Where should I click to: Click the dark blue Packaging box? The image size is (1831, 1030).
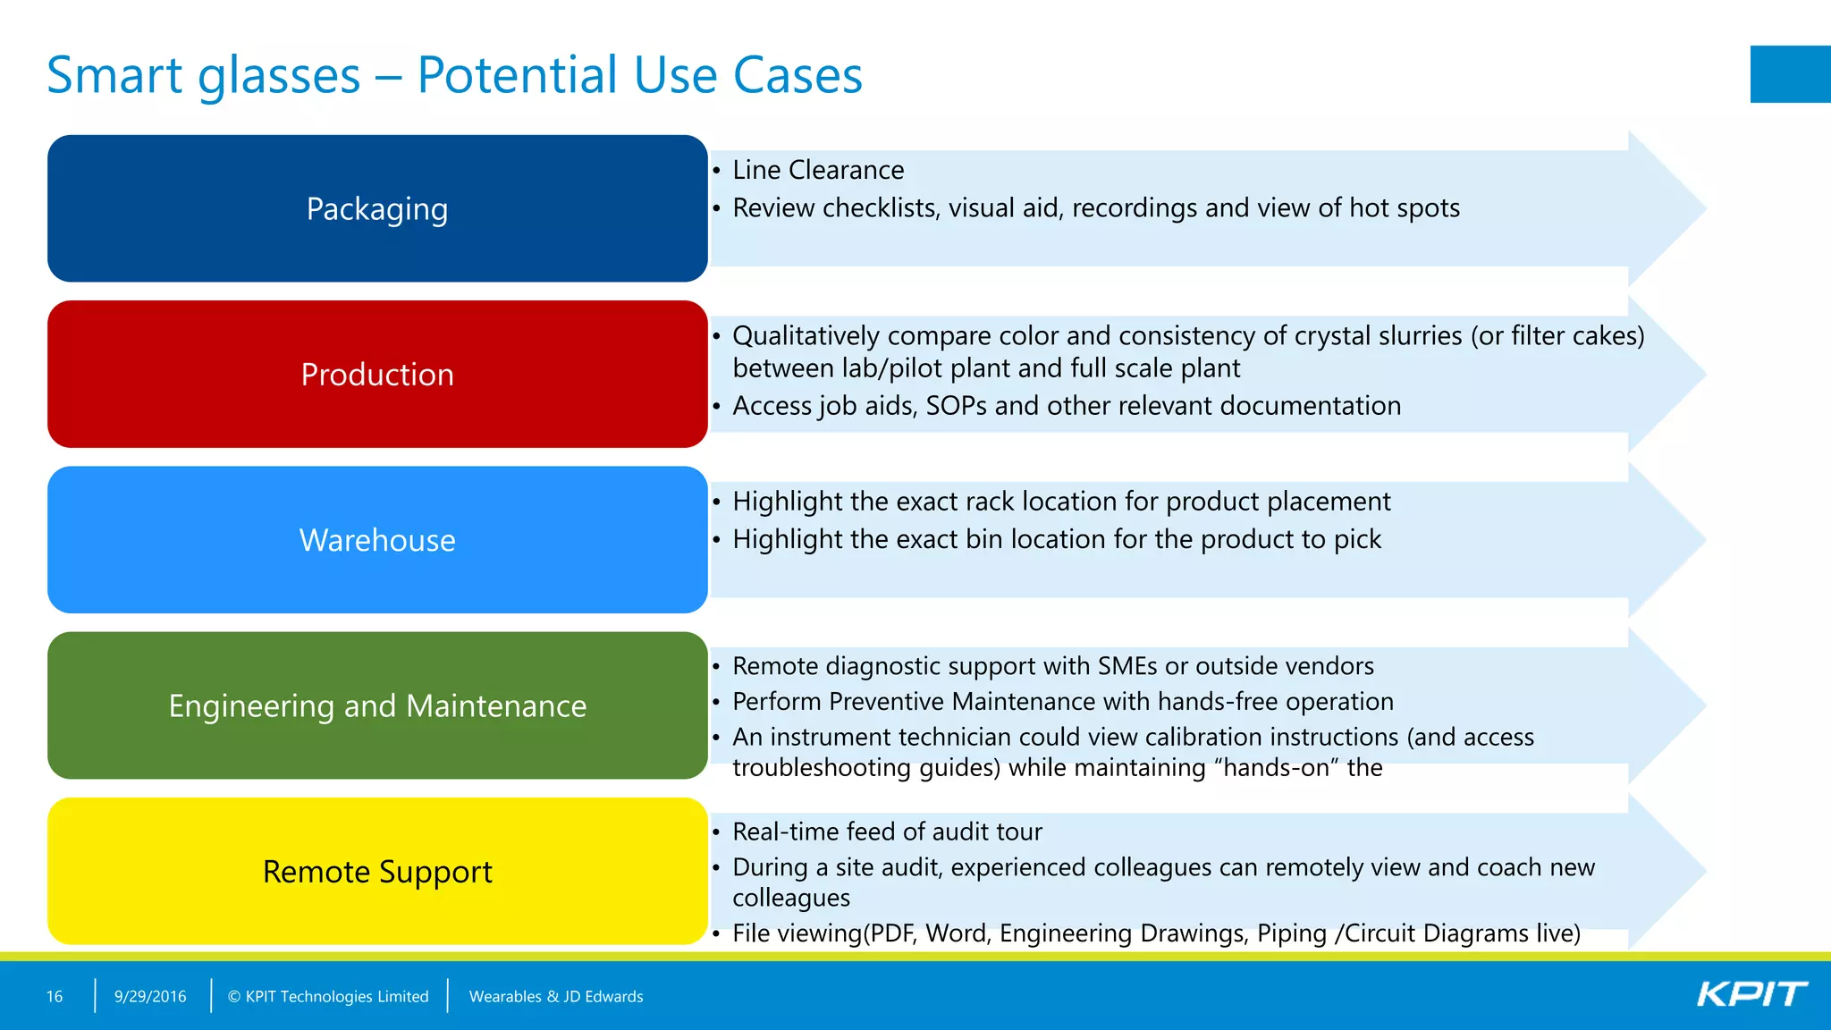pos(377,208)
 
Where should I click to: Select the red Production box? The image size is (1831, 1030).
pos(377,374)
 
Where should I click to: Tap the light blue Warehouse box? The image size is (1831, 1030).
pos(377,540)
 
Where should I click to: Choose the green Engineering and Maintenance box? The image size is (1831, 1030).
pos(377,705)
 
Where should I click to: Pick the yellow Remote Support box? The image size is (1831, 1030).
pos(377,871)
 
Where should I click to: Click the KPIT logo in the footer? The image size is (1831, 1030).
pos(1751,995)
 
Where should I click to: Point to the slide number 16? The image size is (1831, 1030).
pos(55,996)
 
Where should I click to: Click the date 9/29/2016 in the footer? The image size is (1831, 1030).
pos(150,996)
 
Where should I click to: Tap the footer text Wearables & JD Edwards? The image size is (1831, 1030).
pos(556,996)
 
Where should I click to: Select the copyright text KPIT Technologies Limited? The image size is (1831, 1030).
pos(328,996)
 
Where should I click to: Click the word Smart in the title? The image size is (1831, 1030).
pos(114,75)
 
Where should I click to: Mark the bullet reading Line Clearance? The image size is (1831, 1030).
pos(818,170)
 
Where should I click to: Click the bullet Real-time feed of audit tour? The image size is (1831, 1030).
pos(887,832)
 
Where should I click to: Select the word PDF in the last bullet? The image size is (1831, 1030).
pos(894,933)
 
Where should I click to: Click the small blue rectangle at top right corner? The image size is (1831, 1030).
pos(1790,74)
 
